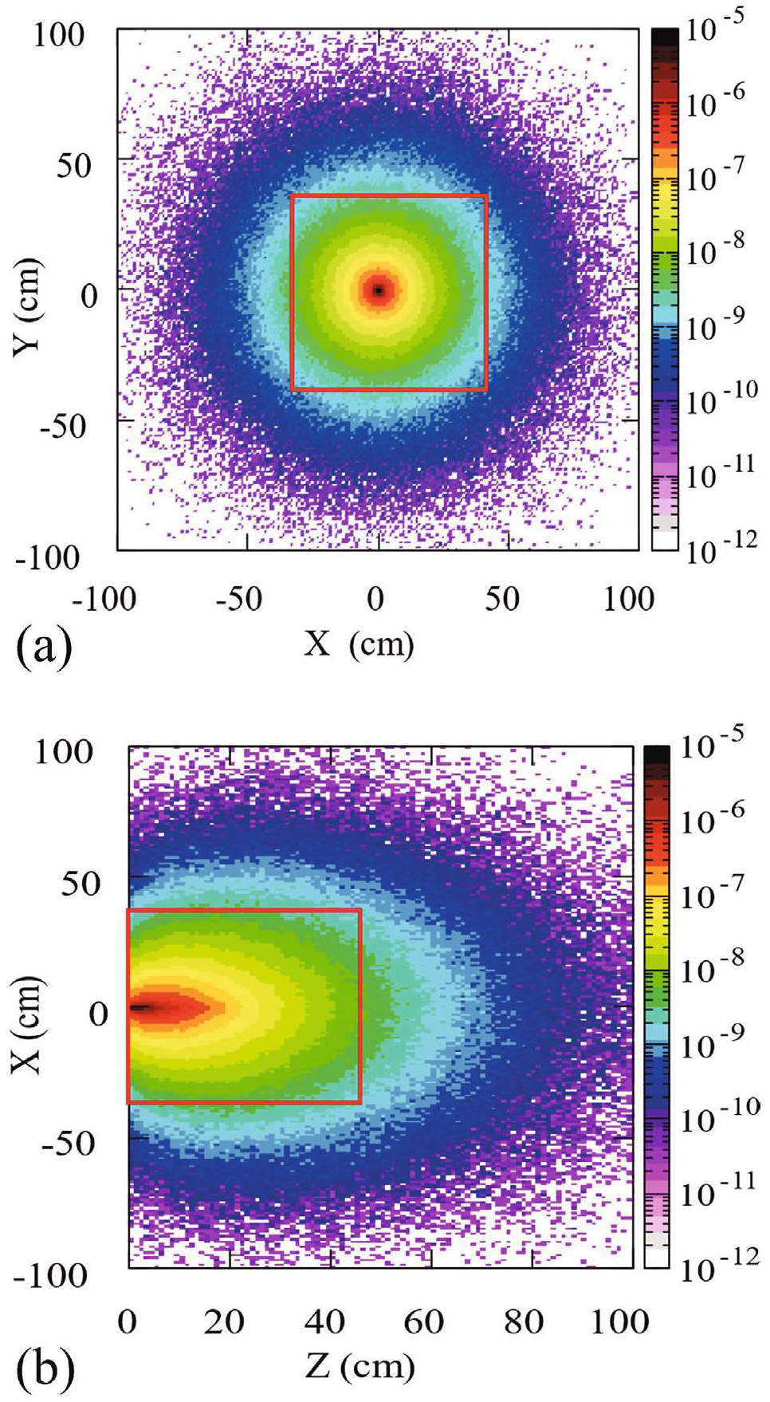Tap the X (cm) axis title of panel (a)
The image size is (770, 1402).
pyautogui.click(x=359, y=643)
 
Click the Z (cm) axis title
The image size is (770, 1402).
pyautogui.click(x=359, y=1365)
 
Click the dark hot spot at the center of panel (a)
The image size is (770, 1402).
pyautogui.click(x=379, y=290)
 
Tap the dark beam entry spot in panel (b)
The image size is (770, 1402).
pyautogui.click(x=139, y=1007)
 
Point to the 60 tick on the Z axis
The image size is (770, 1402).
pyautogui.click(x=423, y=1321)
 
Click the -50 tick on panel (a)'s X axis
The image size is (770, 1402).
pyautogui.click(x=239, y=599)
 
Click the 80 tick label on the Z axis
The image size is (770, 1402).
pyautogui.click(x=524, y=1321)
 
